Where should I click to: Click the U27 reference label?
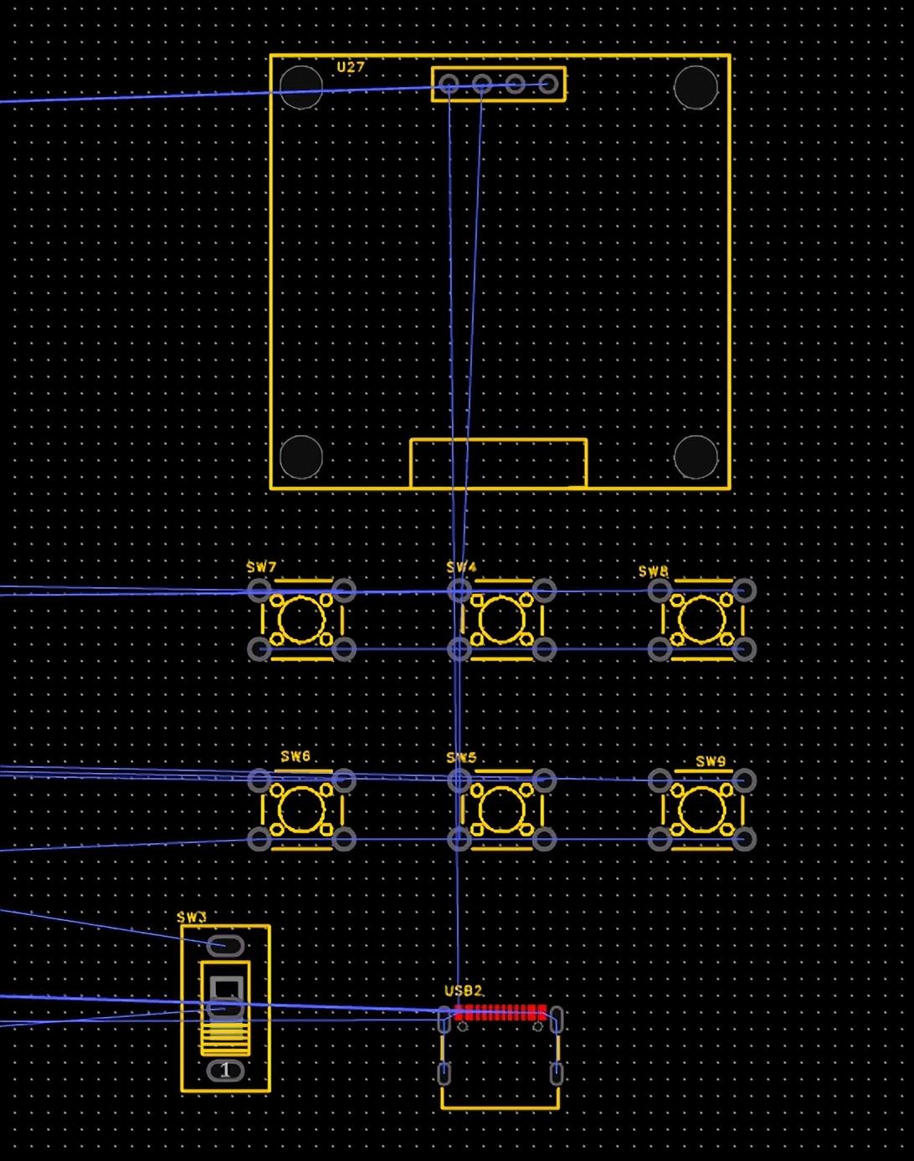[x=351, y=67]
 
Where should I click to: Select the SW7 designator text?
[x=261, y=567]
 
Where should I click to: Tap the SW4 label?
[x=461, y=567]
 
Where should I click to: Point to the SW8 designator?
[x=653, y=571]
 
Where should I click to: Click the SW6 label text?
[x=295, y=756]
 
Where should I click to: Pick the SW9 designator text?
[x=711, y=761]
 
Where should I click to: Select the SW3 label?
[x=192, y=917]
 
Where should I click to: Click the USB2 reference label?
[x=463, y=990]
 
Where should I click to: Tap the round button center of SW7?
[x=301, y=620]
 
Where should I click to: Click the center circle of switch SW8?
[x=701, y=620]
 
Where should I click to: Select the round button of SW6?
[x=301, y=810]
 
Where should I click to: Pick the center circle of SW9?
[x=701, y=810]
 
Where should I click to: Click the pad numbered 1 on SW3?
[x=224, y=1070]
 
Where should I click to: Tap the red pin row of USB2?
[x=500, y=1013]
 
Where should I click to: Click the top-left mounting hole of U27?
[x=301, y=86]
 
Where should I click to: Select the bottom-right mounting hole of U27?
[x=696, y=457]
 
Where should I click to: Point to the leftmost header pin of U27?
[x=449, y=84]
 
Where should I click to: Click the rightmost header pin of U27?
[x=548, y=84]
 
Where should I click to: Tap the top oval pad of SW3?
[x=225, y=946]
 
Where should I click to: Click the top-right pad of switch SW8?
[x=744, y=591]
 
